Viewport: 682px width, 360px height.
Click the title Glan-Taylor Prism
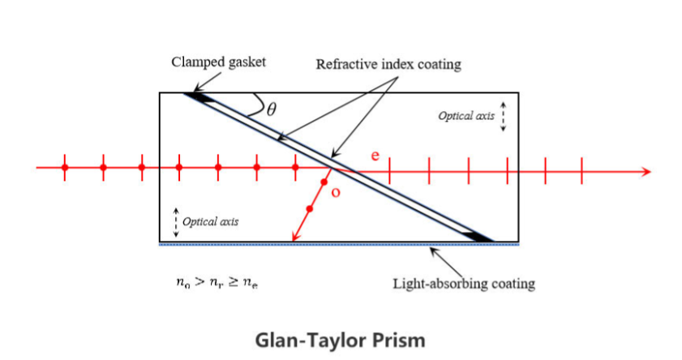coord(340,337)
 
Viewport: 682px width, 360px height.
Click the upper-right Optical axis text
coord(465,116)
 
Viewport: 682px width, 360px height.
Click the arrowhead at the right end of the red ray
coord(646,171)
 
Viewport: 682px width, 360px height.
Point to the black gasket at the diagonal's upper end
coord(199,98)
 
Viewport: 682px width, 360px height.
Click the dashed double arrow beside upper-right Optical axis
coord(504,116)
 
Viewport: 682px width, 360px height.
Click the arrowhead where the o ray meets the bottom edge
coord(295,238)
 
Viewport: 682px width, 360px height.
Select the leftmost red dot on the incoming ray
coord(66,168)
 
